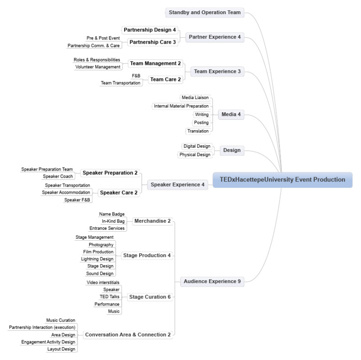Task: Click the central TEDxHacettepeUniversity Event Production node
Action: coord(282,180)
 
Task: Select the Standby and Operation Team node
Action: coord(205,13)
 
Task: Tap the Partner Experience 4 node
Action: coord(214,37)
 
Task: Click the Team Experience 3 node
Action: coord(217,71)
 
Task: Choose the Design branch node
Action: coord(232,150)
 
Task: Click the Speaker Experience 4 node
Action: coord(178,185)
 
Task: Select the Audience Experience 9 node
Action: coord(212,282)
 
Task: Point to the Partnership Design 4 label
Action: coord(150,30)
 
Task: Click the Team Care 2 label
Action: coord(165,79)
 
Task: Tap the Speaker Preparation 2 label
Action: coord(110,173)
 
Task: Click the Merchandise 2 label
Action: coord(152,221)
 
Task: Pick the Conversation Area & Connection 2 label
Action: coord(127,335)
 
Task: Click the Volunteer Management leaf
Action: coord(98,67)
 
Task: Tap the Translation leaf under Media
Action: coord(197,131)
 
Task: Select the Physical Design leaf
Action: coord(195,155)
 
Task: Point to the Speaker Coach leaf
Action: coord(57,177)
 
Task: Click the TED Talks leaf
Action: coord(109,297)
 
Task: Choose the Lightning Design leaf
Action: coord(97,259)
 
